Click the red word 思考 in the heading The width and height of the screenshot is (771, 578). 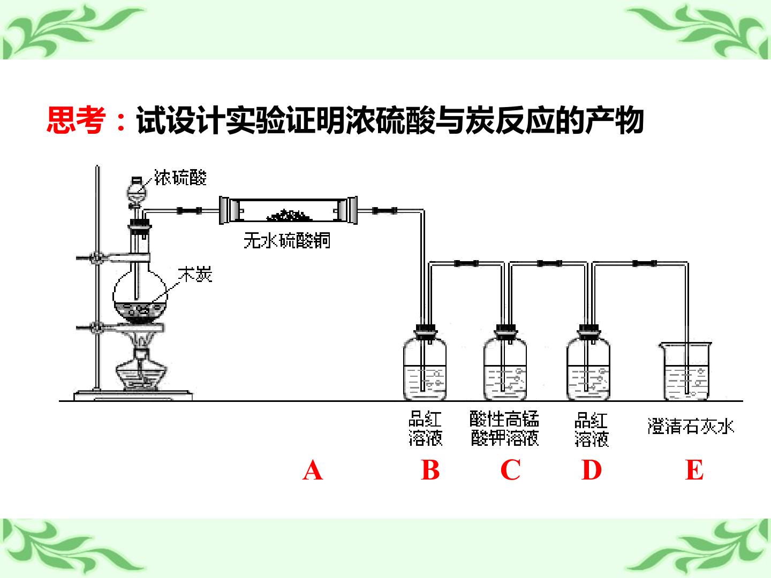pyautogui.click(x=76, y=120)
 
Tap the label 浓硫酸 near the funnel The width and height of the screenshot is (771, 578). pyautogui.click(x=180, y=177)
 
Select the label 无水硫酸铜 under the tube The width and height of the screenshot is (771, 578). pyautogui.click(x=287, y=241)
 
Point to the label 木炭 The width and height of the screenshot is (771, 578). pyautogui.click(x=195, y=275)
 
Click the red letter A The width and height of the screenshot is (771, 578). pyautogui.click(x=312, y=470)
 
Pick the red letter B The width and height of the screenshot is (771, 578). pyautogui.click(x=430, y=470)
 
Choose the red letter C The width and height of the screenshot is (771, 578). pyautogui.click(x=510, y=470)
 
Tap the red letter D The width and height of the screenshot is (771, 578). pyautogui.click(x=592, y=470)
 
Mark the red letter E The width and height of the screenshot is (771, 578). pyautogui.click(x=694, y=470)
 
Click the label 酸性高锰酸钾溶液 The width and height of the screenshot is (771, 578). pyautogui.click(x=504, y=429)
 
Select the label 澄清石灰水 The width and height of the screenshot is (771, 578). pyautogui.click(x=691, y=427)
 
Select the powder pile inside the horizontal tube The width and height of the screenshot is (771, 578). pyautogui.click(x=290, y=215)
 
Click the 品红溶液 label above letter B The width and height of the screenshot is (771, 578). pyautogui.click(x=425, y=429)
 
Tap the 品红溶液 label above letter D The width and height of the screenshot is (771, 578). pyautogui.click(x=591, y=429)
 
